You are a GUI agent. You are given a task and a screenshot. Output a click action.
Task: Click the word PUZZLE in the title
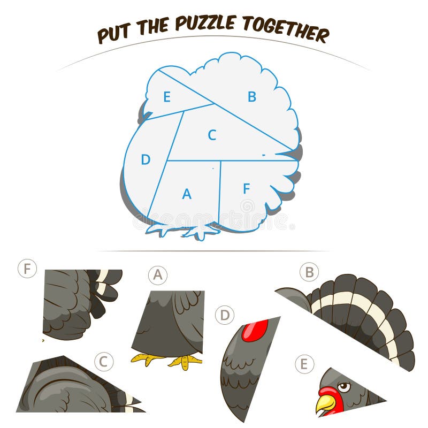pyautogui.click(x=205, y=22)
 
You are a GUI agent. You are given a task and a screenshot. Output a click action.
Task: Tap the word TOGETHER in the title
pyautogui.click(x=286, y=29)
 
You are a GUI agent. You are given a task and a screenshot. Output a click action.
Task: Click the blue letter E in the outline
pyautogui.click(x=167, y=97)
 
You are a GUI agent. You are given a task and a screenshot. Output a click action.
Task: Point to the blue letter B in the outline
pyautogui.click(x=252, y=97)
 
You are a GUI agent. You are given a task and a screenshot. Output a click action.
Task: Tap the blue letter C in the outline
pyautogui.click(x=212, y=135)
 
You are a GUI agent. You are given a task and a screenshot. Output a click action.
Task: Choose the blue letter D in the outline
pyautogui.click(x=146, y=159)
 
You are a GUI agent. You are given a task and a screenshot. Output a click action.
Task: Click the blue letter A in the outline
pyautogui.click(x=187, y=194)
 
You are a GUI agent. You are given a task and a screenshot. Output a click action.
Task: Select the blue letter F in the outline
pyautogui.click(x=247, y=188)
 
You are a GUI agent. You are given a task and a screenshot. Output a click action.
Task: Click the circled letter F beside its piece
pyautogui.click(x=27, y=269)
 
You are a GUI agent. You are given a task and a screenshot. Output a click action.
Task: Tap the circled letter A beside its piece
pyautogui.click(x=158, y=275)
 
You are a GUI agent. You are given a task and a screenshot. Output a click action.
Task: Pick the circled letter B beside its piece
pyautogui.click(x=309, y=272)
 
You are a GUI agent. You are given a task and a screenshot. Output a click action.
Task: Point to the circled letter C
pyautogui.click(x=104, y=362)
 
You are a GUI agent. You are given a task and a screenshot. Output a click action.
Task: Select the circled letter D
pyautogui.click(x=225, y=315)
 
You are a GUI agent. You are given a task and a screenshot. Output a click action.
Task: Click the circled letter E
pyautogui.click(x=304, y=364)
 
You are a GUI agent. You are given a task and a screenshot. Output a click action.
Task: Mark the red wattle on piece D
pyautogui.click(x=255, y=331)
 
